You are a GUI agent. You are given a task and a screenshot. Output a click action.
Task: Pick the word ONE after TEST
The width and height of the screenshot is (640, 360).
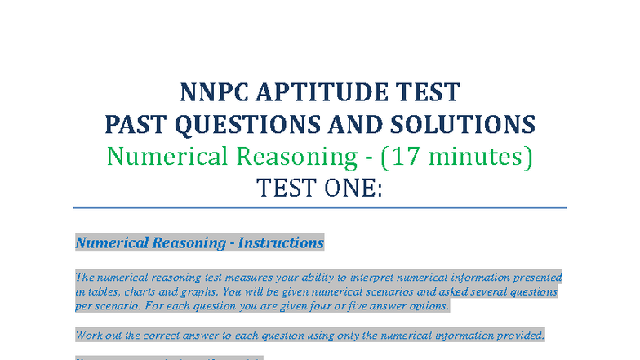346,189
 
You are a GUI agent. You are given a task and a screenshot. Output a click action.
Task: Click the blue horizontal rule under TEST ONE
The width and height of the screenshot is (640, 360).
319,207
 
